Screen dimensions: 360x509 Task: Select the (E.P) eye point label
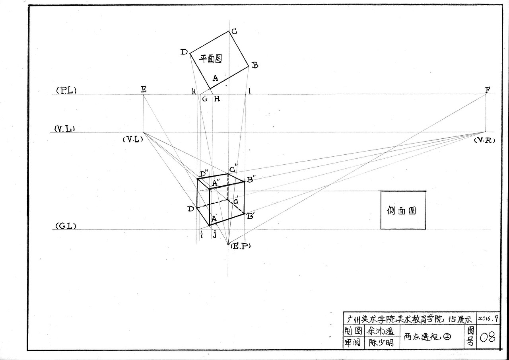[x=241, y=246]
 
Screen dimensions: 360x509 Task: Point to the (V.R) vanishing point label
[x=484, y=140]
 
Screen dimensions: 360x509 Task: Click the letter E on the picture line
[x=144, y=90]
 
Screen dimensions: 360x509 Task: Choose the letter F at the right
[x=487, y=90]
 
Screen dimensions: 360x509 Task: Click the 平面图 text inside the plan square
[x=210, y=59]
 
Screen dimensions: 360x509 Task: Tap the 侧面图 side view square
[x=403, y=210]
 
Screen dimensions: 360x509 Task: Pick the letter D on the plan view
[x=184, y=52]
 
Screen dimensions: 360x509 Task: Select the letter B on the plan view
[x=255, y=65]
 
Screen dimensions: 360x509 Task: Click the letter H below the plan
[x=217, y=99]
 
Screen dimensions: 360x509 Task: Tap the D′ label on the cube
[x=191, y=208]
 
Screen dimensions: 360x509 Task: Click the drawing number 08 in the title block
[x=488, y=338]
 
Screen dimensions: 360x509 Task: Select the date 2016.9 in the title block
[x=488, y=319]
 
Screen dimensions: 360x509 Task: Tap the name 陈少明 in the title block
[x=381, y=342]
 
